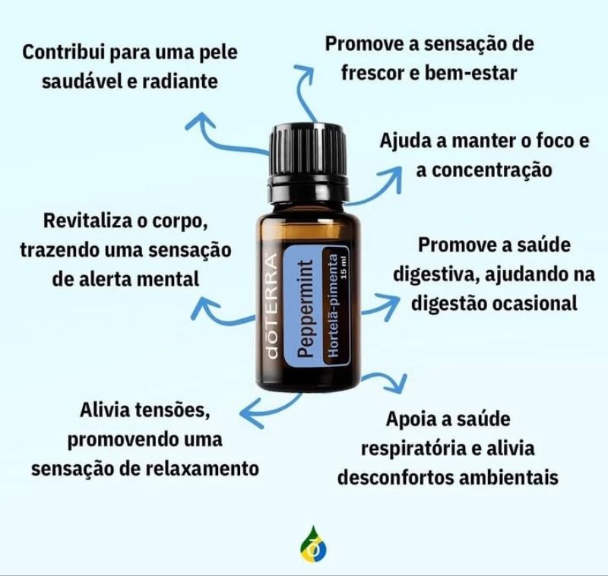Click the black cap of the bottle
[x=309, y=163]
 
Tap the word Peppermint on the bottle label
[x=305, y=309]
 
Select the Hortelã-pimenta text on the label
[x=333, y=305]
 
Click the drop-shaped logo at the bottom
[x=313, y=545]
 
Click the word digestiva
[x=433, y=275]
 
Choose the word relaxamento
[x=202, y=469]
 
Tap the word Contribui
[x=64, y=52]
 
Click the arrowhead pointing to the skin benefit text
[x=200, y=120]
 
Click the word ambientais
[x=508, y=477]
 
